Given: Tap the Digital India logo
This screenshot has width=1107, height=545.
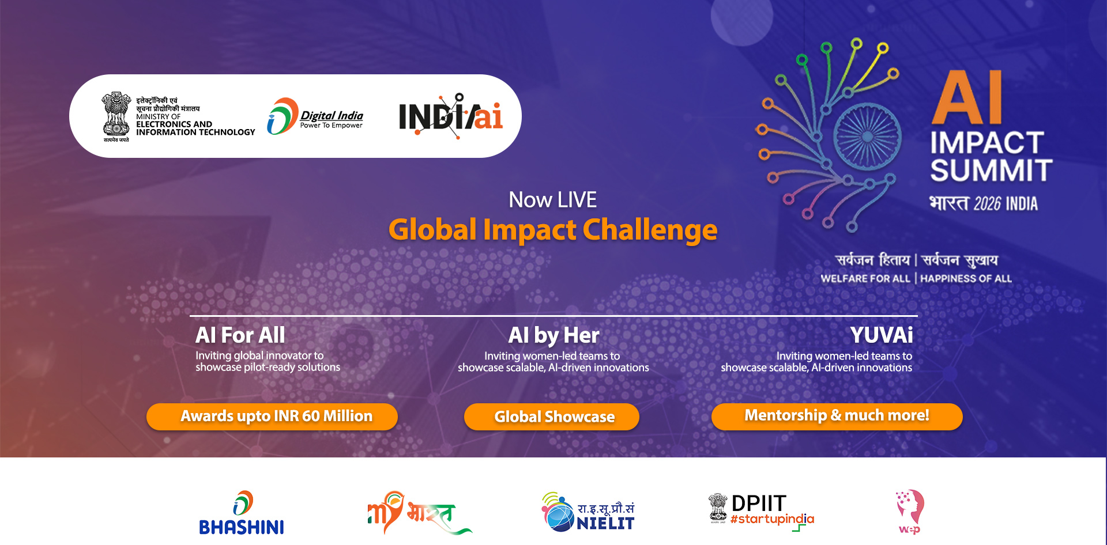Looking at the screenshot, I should coord(315,117).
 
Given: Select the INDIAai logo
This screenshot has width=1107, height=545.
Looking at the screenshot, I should coord(451,116).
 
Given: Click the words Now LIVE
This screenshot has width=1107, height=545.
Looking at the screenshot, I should coord(552,200).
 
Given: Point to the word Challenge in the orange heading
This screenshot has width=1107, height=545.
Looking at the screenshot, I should coord(650,230).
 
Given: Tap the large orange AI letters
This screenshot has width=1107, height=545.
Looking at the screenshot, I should coord(967,98).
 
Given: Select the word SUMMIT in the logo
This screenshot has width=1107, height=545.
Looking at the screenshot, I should coord(991,171).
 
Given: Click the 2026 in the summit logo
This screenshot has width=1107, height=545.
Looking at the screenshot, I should coord(987,204).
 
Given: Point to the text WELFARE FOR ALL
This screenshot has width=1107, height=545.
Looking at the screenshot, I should coord(865,279).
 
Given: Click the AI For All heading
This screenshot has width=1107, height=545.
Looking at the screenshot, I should coord(240,335).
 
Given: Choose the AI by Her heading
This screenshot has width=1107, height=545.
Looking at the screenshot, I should coord(553,335).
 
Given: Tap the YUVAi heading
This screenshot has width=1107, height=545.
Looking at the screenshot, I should coord(881,335).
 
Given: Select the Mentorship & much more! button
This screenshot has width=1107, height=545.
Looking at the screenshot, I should coord(837,416).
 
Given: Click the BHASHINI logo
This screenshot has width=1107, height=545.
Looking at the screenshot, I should coord(241,513).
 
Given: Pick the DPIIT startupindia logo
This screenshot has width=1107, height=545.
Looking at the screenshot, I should coord(761,510).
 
